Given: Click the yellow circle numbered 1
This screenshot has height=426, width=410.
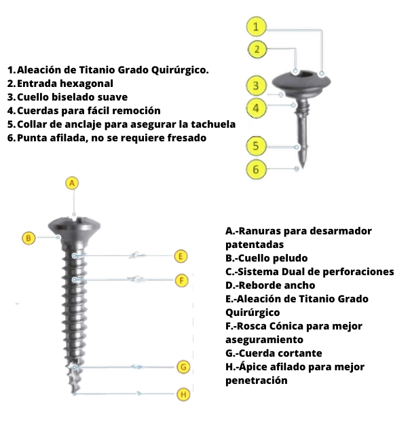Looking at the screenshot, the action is pos(256,26).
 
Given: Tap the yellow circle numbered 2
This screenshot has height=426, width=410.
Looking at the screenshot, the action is pos(257,49).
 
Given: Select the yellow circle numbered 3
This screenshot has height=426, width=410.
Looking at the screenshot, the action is pos(256,86).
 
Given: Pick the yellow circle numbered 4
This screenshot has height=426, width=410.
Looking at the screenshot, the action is pos(256,108).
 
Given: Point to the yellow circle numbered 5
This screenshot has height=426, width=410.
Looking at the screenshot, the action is pos(256,146).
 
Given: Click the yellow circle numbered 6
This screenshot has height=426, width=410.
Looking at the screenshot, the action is pos(256,169).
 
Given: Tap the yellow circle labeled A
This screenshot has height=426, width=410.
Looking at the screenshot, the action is pos(72,183).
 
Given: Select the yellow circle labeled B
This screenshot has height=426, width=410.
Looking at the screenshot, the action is pos(29,238).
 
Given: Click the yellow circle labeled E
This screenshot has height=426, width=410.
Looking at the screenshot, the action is pos(181,256).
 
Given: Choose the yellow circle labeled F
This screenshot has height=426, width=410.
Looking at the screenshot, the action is pos(182,280).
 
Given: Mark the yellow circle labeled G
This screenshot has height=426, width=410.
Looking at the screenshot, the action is pos(183,367).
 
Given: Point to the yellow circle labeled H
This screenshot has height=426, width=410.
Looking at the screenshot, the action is pos(183,394).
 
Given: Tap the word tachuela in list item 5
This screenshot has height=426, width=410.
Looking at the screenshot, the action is pos(213,124).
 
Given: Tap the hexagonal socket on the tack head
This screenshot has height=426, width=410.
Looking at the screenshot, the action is pos(308,73).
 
